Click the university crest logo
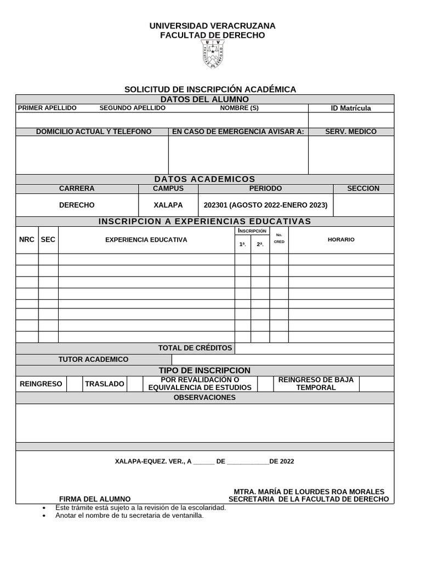pos(213,54)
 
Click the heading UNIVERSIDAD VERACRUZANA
pos(213,26)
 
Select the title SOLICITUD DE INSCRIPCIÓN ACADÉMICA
pos(210,89)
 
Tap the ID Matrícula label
pos(351,108)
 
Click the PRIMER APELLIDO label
pos(47,108)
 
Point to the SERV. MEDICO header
pos(351,131)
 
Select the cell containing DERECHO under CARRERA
pos(77,205)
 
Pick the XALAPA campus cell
pos(168,205)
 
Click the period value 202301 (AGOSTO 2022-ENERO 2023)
pos(265,205)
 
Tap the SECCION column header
pos(363,188)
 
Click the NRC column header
pos(27,239)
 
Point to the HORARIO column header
pos(341,239)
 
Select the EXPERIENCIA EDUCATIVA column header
pos(146,239)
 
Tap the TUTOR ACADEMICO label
pos(93,359)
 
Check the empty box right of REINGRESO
pos(74,383)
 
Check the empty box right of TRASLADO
pos(135,383)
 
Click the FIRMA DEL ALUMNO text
pos(95,499)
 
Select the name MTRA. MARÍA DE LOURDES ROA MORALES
pos(309,491)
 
